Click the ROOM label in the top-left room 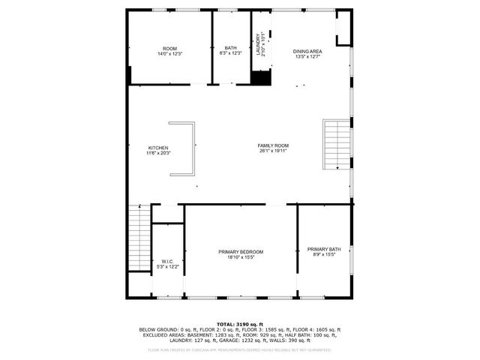click(x=169, y=49)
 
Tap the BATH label click(x=230, y=49)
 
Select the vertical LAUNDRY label click(x=259, y=45)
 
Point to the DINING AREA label click(x=307, y=51)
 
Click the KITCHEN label click(x=158, y=148)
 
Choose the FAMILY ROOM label click(x=273, y=145)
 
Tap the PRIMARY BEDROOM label click(x=241, y=251)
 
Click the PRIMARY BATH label click(x=324, y=249)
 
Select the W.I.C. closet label click(x=167, y=262)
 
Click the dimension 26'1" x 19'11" click(x=273, y=151)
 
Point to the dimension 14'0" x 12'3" click(x=169, y=54)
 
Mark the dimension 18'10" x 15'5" click(x=241, y=256)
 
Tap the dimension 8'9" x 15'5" click(x=324, y=254)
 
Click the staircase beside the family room click(x=337, y=145)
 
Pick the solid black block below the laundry click(x=260, y=78)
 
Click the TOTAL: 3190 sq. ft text click(x=239, y=324)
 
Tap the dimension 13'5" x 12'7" click(x=307, y=56)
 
